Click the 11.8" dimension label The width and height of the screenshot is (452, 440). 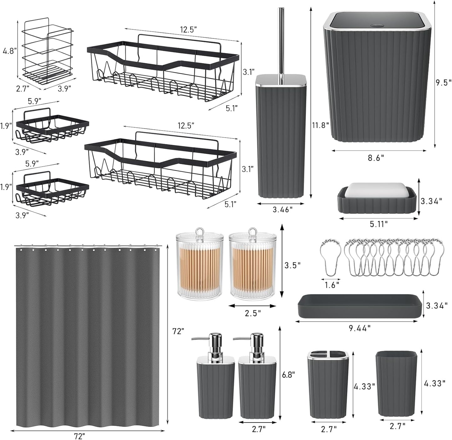coord(320,125)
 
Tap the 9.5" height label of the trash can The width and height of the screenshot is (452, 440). coord(444,83)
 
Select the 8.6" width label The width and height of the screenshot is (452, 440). coord(376,158)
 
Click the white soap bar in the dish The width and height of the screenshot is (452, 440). coord(377,189)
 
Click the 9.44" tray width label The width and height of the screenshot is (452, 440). coord(360,327)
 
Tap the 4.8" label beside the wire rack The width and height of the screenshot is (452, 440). coord(9,51)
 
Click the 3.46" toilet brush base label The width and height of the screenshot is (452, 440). coord(282,209)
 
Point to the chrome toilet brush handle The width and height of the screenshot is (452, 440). coord(281,41)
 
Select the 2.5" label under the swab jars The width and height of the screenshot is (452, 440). coord(253,313)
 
